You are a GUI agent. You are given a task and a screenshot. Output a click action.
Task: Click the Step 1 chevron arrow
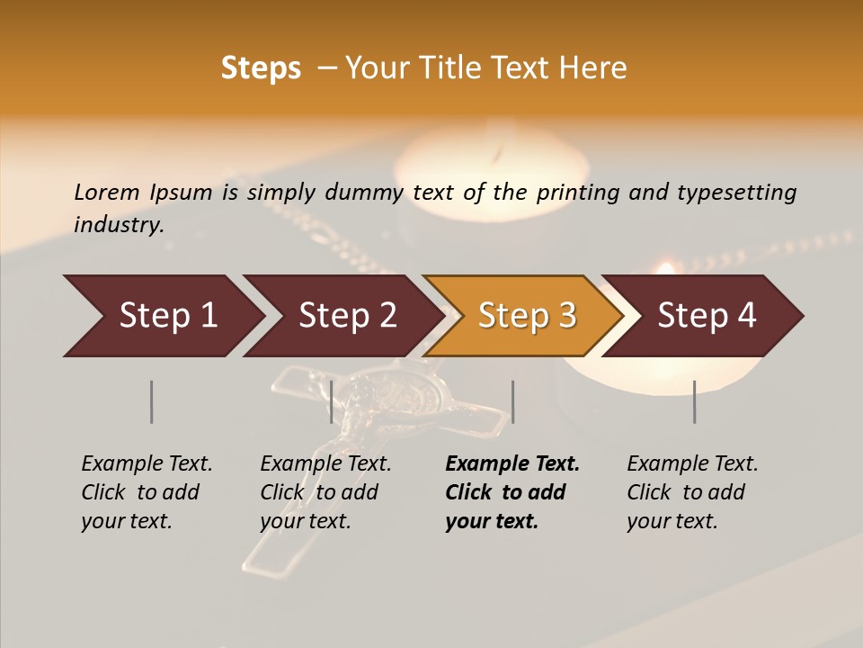coord(162,316)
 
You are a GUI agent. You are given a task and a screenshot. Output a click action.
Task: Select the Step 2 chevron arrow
coord(345,316)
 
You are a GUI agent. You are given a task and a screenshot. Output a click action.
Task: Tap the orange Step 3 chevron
coord(525,316)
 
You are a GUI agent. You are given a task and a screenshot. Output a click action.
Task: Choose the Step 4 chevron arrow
coord(705,316)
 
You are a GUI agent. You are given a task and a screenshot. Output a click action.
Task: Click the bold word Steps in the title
coord(261,68)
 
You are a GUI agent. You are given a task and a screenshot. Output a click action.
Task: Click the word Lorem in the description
coord(107,192)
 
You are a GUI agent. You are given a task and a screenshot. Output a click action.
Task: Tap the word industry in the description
coord(119,225)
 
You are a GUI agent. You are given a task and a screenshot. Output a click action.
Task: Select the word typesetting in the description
coord(736,193)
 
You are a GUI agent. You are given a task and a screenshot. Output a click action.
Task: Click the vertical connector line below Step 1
coord(152,401)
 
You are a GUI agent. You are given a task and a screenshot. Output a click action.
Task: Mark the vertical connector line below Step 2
coord(332,401)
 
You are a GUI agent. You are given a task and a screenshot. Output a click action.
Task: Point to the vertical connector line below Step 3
coord(512,401)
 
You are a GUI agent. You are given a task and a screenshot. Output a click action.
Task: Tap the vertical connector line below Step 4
coord(694,401)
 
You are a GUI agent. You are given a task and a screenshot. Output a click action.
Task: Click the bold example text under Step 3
coord(511,492)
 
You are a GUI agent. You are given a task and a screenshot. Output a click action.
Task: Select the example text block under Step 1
coord(146,492)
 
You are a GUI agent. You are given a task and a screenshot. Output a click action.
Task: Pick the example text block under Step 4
coord(691,492)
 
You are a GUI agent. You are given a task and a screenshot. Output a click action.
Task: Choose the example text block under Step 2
coord(325,492)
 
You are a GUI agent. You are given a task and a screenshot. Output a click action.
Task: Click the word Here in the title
coord(595,68)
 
